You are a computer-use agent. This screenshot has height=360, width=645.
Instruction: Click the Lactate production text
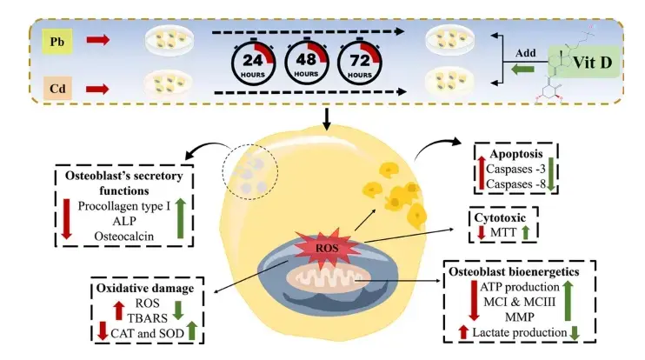(515, 334)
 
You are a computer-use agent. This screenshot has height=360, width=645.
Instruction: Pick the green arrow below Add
(522, 69)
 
